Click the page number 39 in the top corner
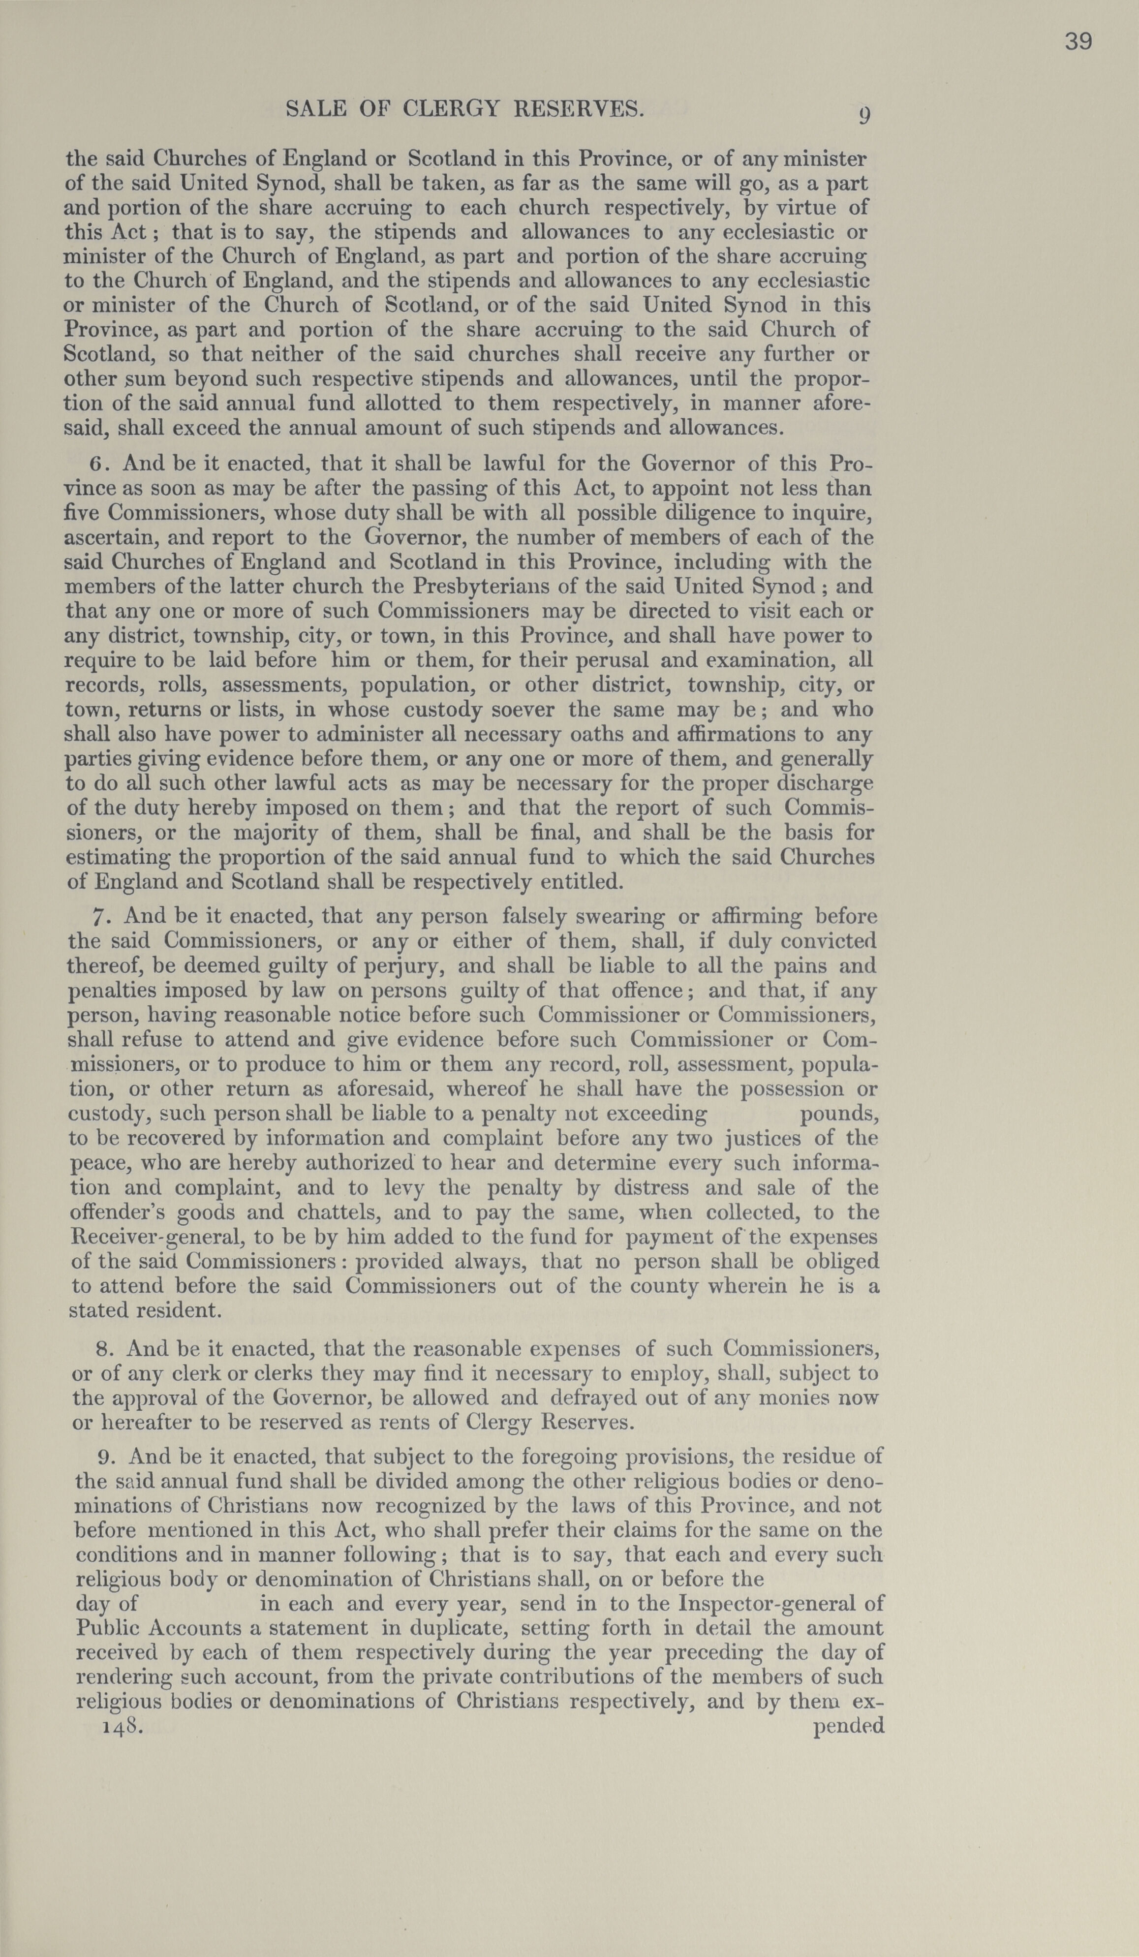[x=1078, y=42]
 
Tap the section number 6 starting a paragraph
[x=95, y=465]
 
